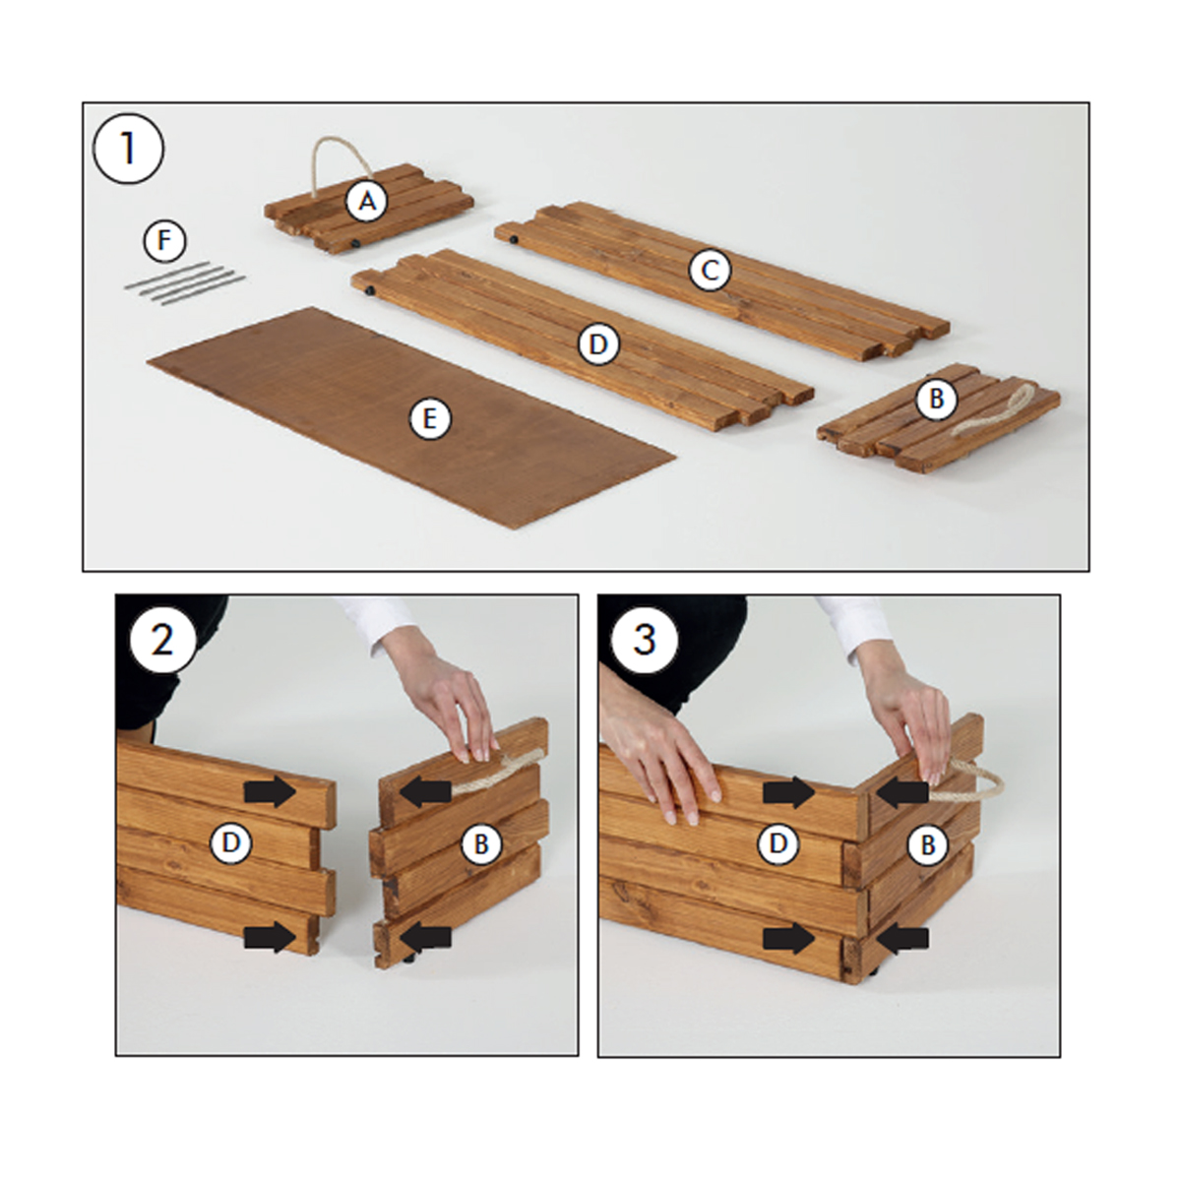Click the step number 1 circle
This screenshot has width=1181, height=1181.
point(128,148)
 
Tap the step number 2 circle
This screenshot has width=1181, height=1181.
point(163,641)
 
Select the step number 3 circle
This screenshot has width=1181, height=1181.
point(644,641)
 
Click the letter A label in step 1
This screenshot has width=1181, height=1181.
point(366,201)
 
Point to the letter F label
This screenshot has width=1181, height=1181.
point(164,241)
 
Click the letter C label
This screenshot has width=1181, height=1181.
point(710,270)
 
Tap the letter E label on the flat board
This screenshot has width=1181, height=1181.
point(430,419)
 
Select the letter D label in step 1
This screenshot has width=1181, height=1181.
point(598,344)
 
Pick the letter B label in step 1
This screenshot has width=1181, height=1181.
point(937,399)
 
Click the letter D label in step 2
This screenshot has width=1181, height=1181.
point(230,843)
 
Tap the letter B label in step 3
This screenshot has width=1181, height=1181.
point(928,845)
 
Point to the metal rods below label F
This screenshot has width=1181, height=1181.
point(184,281)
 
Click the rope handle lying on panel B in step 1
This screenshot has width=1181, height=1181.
point(1005,408)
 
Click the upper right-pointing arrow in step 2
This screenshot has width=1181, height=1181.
point(271,792)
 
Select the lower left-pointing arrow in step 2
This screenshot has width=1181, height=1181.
point(425,936)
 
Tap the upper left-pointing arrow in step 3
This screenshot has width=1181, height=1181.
point(902,792)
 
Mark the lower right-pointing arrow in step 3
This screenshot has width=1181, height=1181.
point(788,938)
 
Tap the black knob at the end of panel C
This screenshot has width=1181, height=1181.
point(513,239)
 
